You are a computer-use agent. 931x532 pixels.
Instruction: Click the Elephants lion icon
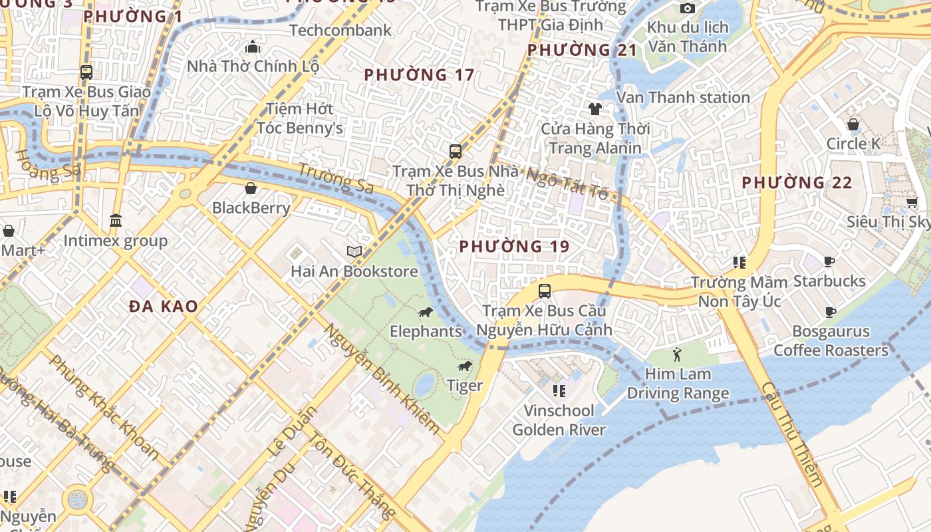425,313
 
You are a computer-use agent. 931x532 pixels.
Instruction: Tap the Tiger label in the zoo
465,386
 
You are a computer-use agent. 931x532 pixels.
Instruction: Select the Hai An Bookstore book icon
354,252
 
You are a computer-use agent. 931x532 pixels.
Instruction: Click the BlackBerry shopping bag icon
251,189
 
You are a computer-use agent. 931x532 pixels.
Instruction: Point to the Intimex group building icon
116,220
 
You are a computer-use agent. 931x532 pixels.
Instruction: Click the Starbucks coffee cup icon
829,261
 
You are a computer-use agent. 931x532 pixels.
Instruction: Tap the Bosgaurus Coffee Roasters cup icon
830,312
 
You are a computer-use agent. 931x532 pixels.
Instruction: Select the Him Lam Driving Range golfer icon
677,354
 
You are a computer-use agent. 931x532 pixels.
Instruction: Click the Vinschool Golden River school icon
559,390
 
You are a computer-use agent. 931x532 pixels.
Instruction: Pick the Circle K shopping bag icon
853,124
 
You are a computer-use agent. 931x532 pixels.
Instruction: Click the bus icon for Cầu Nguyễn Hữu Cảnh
544,291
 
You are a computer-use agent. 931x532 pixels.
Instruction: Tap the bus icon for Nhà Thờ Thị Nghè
455,151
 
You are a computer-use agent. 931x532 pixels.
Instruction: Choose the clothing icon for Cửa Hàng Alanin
595,108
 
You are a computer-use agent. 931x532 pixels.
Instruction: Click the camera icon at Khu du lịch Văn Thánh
687,8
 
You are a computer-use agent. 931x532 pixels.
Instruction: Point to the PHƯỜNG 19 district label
514,247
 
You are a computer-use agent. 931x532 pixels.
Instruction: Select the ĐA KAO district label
164,307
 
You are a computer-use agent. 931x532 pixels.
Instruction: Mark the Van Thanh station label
683,97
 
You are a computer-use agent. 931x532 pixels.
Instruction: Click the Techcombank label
340,30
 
